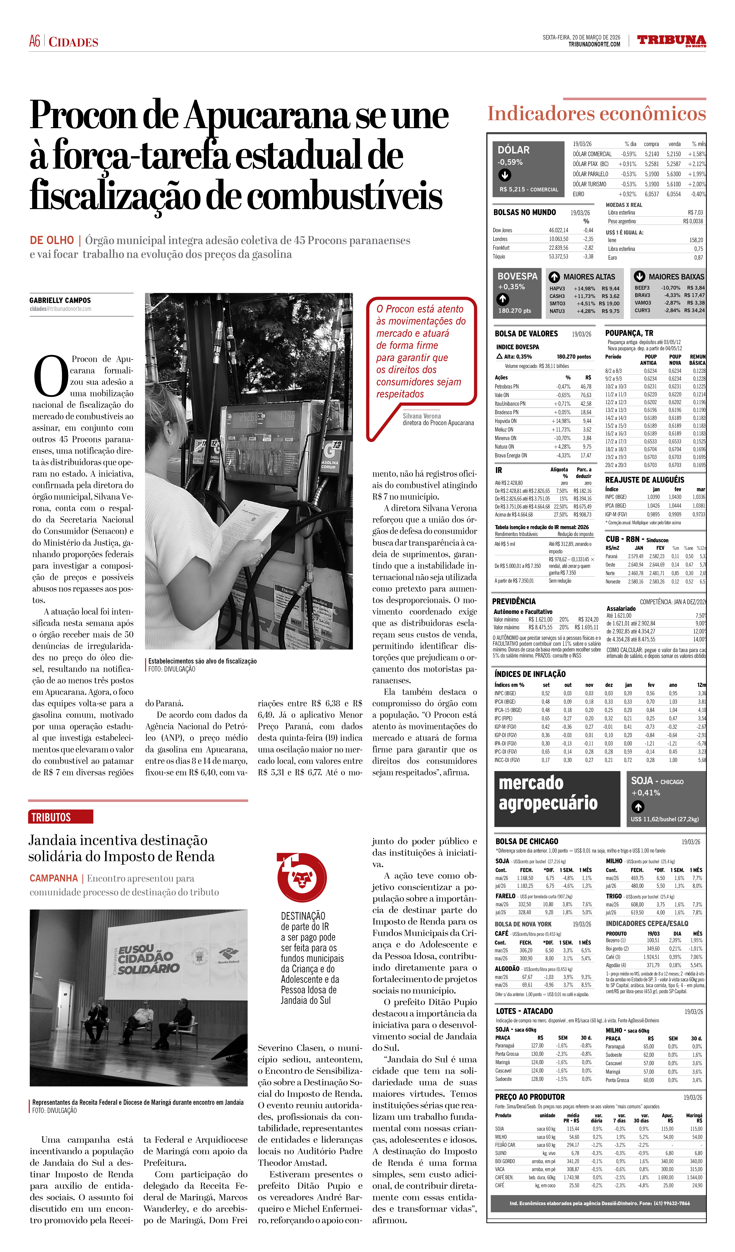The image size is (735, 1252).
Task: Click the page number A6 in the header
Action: coord(34,41)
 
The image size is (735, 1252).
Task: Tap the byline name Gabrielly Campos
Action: coord(60,301)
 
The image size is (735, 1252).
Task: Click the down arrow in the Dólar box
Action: coord(505,175)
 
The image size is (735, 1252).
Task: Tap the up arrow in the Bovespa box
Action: coord(503,299)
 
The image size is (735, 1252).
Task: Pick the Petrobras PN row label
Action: coord(507,387)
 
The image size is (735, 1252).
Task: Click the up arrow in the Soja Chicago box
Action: coord(638,807)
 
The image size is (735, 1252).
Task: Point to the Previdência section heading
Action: coord(514,601)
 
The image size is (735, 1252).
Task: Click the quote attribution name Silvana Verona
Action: coord(422,416)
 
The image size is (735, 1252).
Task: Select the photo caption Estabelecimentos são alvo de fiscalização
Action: coord(202,661)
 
